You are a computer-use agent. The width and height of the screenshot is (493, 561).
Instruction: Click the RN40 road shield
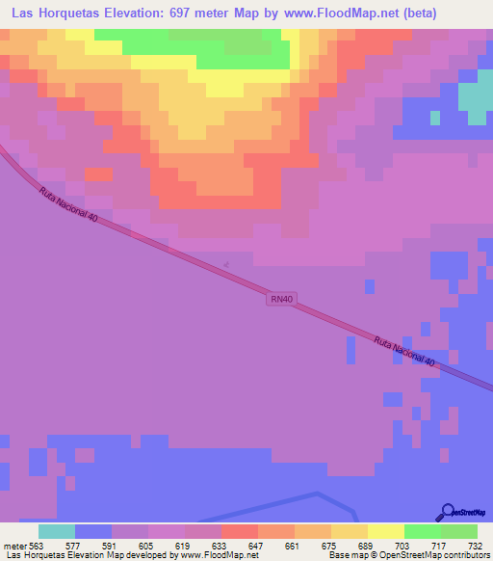[x=281, y=301]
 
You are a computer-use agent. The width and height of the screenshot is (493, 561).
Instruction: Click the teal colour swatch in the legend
[x=56, y=531]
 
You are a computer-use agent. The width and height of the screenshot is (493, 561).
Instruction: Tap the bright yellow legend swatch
[x=385, y=531]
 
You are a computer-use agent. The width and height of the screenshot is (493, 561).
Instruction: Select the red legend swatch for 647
[x=239, y=531]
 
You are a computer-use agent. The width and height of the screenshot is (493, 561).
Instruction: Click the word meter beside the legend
[x=13, y=545]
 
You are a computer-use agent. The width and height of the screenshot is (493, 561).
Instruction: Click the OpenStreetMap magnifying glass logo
[x=447, y=512]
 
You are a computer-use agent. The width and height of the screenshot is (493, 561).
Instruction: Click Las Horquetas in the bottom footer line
[x=33, y=555]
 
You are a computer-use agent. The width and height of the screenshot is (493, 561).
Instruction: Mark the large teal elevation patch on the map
[x=473, y=99]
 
